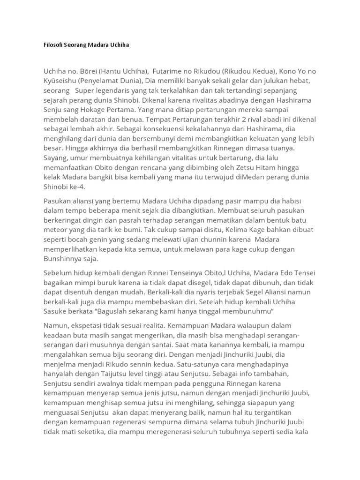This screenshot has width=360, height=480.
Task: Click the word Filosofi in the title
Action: coord(52,45)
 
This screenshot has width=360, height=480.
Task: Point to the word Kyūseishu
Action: coord(61,81)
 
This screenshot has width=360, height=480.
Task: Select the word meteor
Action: coord(57,230)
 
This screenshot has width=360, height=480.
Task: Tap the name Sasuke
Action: coord(57,312)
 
